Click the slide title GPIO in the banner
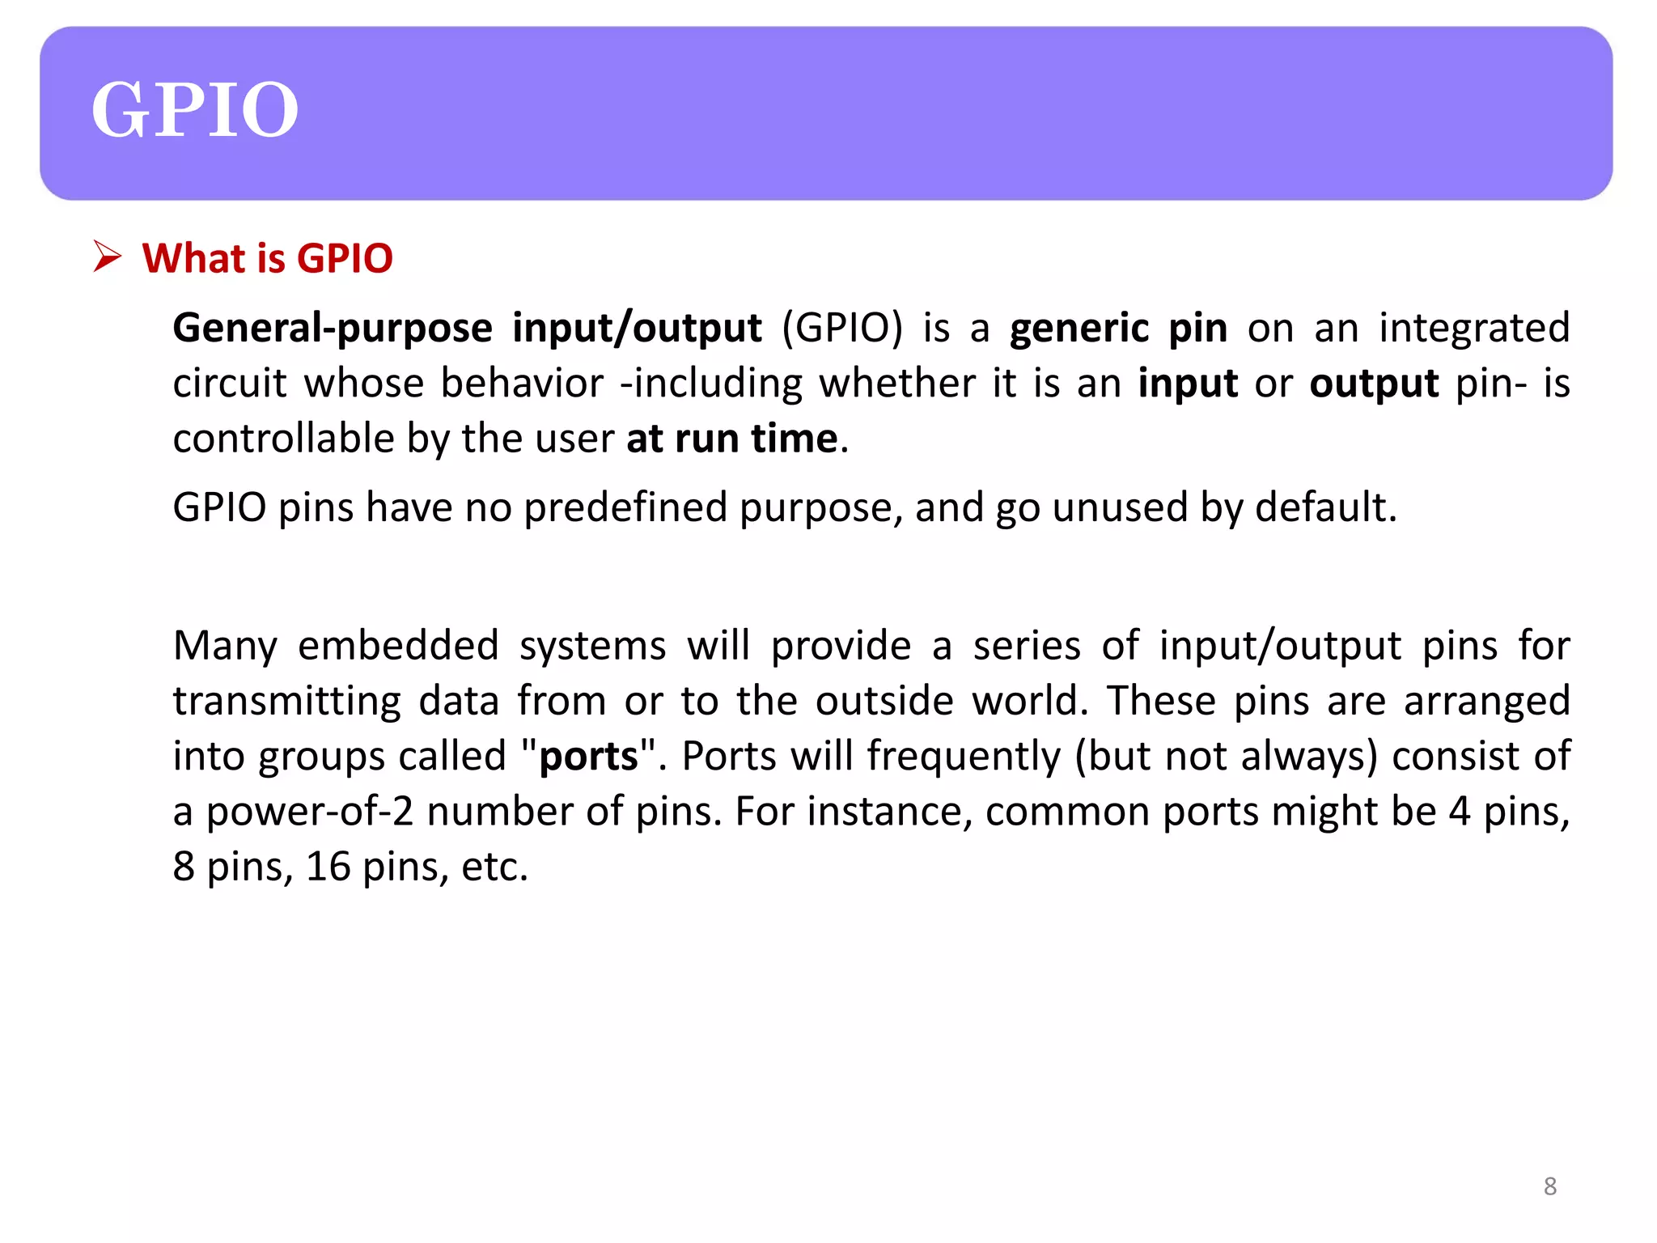coord(194,110)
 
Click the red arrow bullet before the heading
coord(107,257)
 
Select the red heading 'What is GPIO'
coord(267,259)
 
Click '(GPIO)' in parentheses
coord(841,329)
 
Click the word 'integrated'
coord(1474,328)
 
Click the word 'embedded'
coord(398,646)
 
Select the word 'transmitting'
coord(286,701)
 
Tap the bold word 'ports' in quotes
coord(588,757)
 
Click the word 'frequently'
coord(963,757)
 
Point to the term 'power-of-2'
coord(309,812)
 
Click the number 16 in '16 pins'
coord(328,867)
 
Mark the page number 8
coord(1549,1186)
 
